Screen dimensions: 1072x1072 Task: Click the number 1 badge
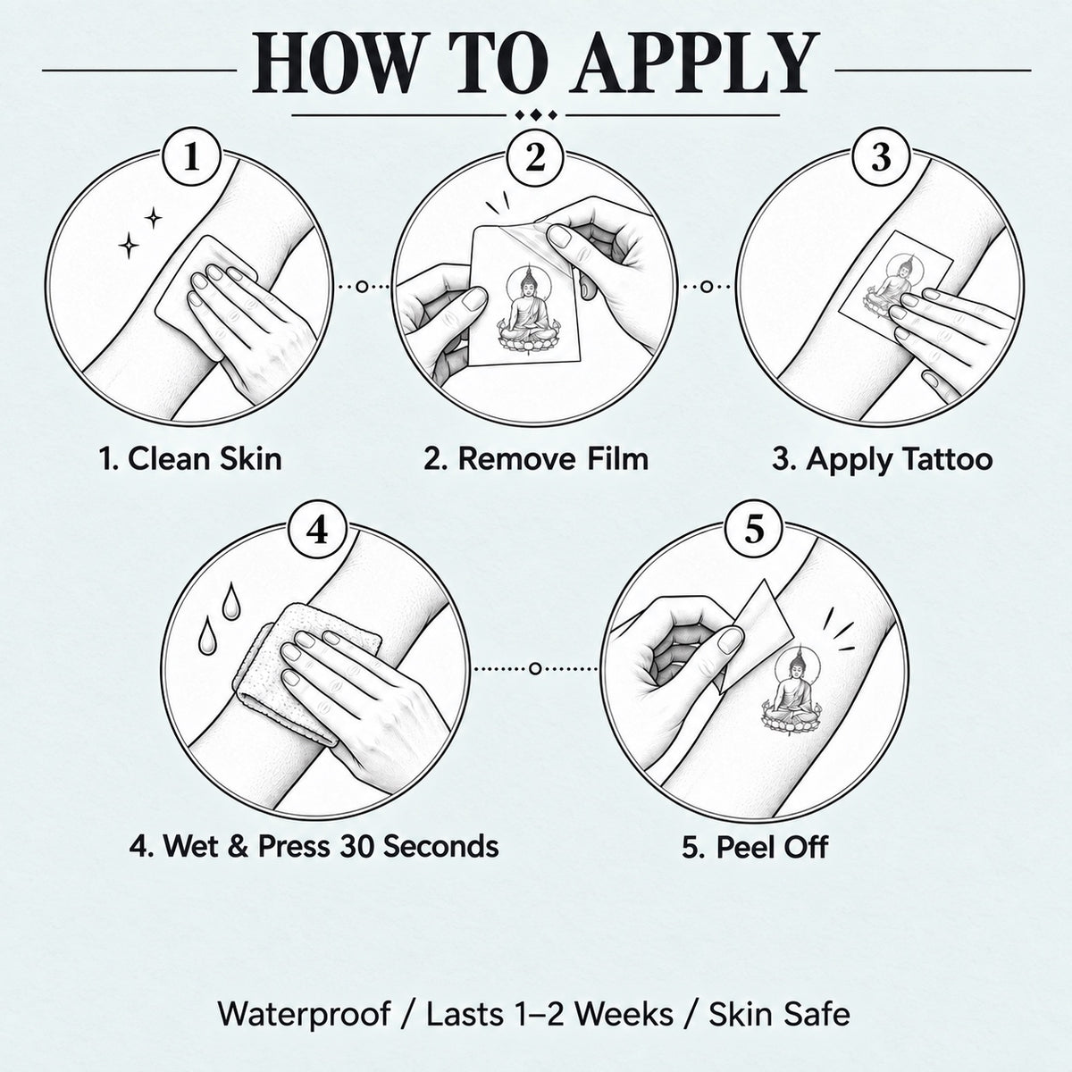(x=191, y=157)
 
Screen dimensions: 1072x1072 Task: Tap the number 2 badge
(x=536, y=157)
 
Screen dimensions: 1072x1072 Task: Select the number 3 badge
(x=881, y=157)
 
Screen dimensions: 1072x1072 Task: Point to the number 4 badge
(x=318, y=530)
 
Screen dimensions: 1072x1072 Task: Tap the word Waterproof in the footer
(x=304, y=1015)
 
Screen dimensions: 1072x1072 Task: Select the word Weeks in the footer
(x=623, y=1014)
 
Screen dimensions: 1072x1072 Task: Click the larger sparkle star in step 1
(x=129, y=246)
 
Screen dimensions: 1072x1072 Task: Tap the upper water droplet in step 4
(x=230, y=601)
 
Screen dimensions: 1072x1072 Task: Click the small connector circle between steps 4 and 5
(x=535, y=669)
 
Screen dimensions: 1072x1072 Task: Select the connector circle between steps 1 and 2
(x=362, y=287)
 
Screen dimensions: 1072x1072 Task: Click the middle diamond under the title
(x=536, y=116)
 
